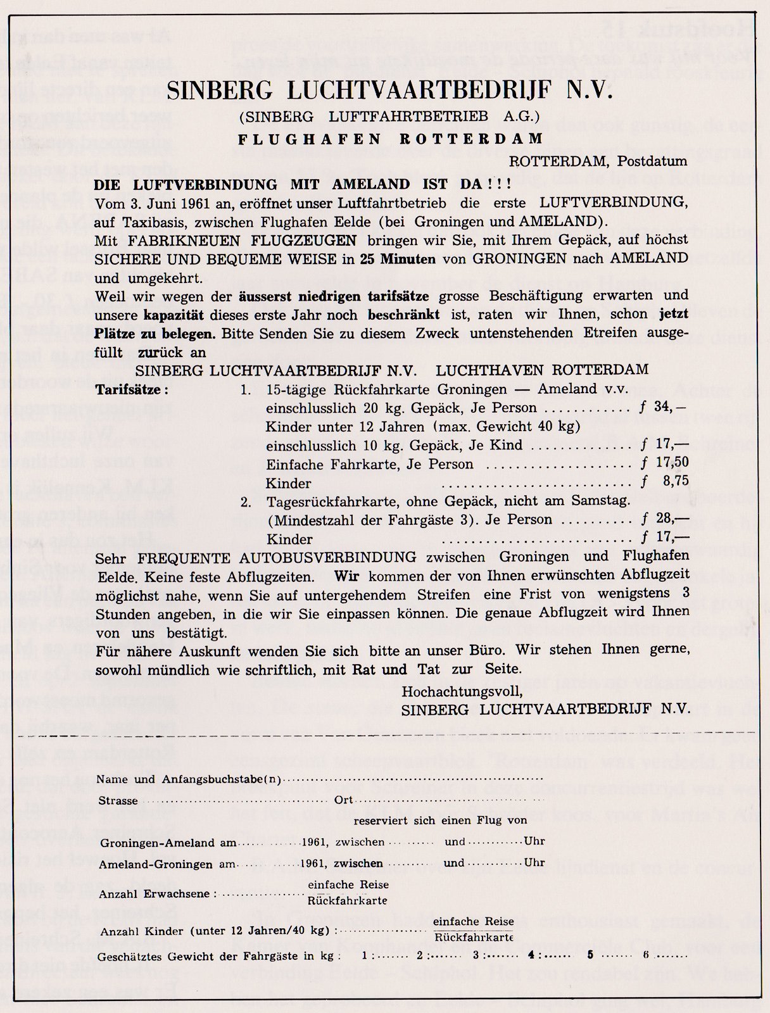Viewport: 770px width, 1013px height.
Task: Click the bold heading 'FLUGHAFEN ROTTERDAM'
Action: tap(389, 139)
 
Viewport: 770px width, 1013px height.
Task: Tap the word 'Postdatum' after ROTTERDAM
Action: tap(657, 161)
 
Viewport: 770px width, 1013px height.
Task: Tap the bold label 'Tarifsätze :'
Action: tap(132, 389)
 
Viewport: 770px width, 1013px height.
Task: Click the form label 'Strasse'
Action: tap(118, 801)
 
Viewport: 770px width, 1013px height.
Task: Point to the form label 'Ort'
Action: tap(344, 801)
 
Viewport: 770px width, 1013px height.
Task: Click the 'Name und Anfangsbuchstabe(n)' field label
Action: tap(189, 779)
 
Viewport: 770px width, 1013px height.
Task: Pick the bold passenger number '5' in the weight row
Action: tap(590, 956)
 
